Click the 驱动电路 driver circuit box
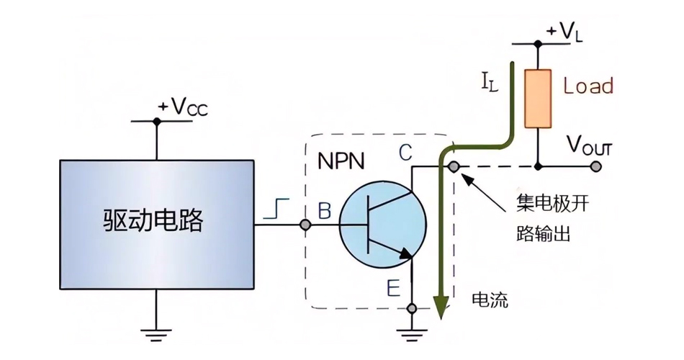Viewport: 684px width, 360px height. [x=156, y=223]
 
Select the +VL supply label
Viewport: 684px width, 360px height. [x=564, y=32]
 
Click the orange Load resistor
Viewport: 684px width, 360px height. [x=537, y=98]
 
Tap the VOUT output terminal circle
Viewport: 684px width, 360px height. [x=595, y=166]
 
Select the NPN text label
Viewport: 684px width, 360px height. [x=341, y=159]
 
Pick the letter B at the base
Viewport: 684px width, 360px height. [x=324, y=210]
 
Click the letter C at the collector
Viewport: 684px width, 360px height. [x=406, y=153]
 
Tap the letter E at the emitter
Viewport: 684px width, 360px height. [x=393, y=289]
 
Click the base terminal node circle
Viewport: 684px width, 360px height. [x=305, y=225]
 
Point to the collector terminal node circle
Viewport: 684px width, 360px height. [x=454, y=167]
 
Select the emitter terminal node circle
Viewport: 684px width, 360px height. [x=412, y=308]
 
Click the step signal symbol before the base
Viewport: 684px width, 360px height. [x=279, y=210]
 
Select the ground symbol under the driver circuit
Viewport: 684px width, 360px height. [x=156, y=334]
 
